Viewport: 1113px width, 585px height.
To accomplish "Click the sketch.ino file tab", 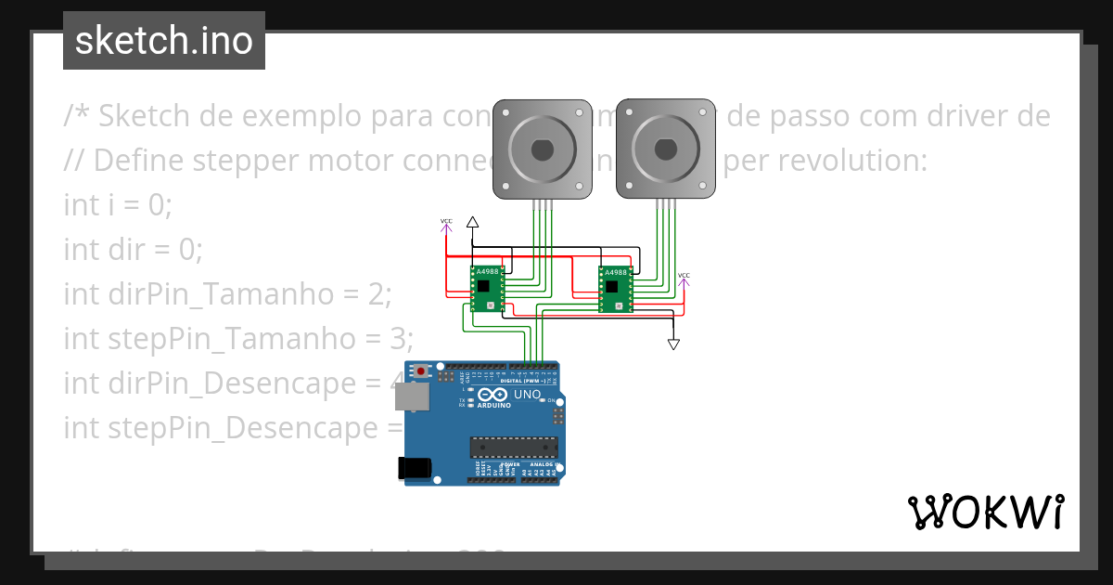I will coord(164,41).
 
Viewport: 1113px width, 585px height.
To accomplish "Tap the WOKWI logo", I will coord(985,512).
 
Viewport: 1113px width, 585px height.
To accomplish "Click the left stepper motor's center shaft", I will coord(542,149).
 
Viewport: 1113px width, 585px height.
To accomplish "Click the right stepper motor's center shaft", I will coord(666,149).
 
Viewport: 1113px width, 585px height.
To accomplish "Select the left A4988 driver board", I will coord(487,289).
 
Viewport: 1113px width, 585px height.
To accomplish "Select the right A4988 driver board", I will coord(615,289).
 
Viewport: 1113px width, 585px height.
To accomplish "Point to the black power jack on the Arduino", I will coord(414,468).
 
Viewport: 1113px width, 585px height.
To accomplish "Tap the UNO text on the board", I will coord(527,395).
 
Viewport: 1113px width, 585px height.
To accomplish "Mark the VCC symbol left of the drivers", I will coord(446,224).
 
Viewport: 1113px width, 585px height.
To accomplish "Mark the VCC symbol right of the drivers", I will coord(684,278).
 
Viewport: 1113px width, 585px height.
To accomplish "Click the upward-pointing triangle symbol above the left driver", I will coord(472,222).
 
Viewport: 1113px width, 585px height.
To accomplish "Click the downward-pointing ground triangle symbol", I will coord(674,344).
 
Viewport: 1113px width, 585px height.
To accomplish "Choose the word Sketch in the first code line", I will coord(144,116).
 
